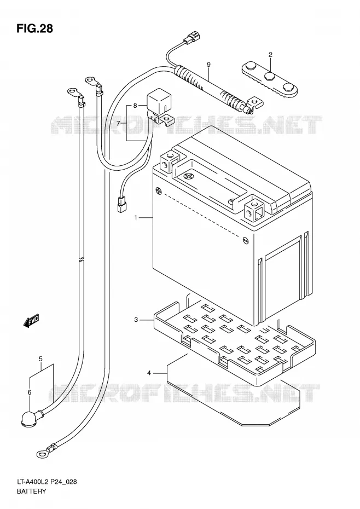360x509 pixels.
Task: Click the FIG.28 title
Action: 34,28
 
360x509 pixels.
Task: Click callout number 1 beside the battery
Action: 136,217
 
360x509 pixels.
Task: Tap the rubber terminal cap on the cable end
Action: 30,418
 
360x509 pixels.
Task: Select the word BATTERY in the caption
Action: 32,491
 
